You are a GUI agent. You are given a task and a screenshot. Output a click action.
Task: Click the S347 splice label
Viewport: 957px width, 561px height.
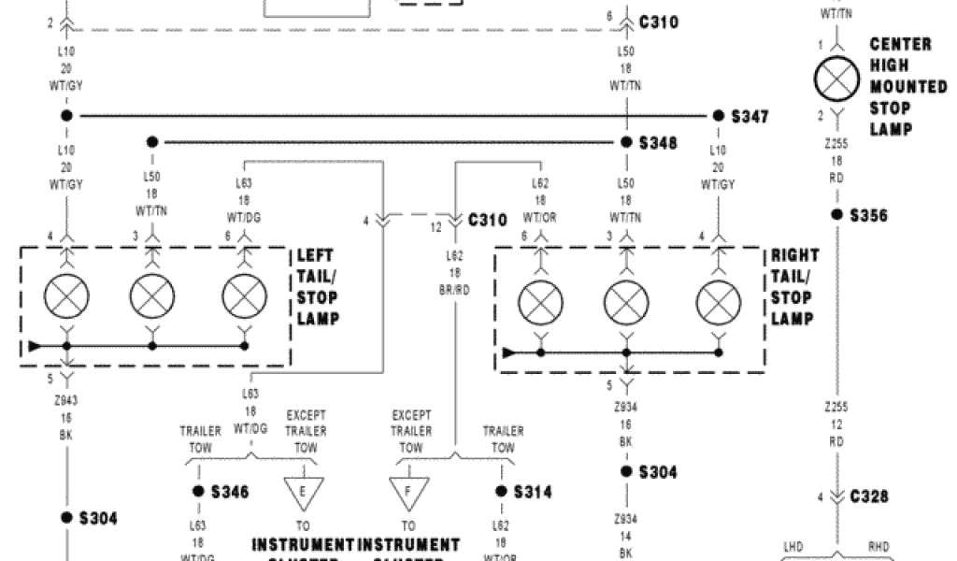(x=750, y=116)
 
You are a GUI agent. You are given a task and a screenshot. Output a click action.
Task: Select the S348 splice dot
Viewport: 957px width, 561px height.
(x=627, y=143)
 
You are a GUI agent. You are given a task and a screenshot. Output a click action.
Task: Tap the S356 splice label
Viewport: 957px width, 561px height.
(x=868, y=215)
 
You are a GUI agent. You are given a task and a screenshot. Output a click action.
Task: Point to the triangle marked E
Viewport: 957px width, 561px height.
(x=302, y=492)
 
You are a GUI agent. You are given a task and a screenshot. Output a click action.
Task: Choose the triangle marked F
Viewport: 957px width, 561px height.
(x=408, y=492)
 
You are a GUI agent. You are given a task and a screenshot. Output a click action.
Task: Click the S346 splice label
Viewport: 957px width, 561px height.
(x=230, y=491)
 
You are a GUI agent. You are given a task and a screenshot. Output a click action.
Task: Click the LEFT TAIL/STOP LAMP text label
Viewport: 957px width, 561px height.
(x=318, y=288)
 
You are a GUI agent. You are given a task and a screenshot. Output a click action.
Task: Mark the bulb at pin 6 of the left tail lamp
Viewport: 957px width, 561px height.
(x=245, y=298)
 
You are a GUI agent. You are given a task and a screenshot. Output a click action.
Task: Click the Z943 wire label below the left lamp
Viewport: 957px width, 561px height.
(x=66, y=398)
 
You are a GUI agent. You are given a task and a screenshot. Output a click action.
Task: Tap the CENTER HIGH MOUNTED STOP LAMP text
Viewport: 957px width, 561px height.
(x=901, y=87)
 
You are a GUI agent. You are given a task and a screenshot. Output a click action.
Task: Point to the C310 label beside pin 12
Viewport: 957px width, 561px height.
(x=487, y=221)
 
